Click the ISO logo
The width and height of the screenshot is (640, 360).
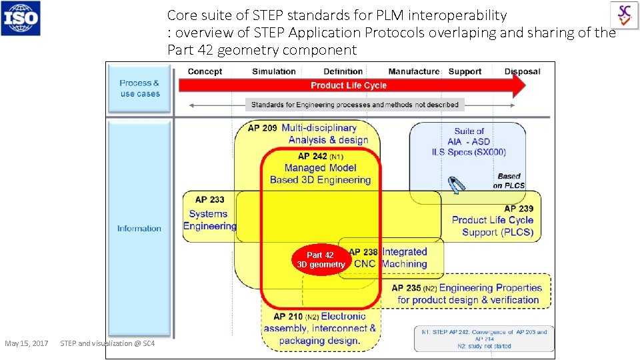coord(21,18)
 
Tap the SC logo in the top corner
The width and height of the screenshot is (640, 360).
coord(624,15)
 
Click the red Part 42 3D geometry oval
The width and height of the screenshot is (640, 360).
coord(321,260)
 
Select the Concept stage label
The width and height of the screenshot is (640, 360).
coord(205,71)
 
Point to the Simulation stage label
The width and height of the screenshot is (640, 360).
coord(273,71)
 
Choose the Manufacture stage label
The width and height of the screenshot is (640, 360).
coord(413,71)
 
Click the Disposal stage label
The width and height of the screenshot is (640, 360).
coord(522,71)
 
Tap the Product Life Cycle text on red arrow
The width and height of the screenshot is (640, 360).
coord(348,85)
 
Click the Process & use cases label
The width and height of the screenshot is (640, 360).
coord(140,88)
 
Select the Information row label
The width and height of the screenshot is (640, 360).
coord(139,228)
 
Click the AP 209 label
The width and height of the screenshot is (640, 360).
coord(262,128)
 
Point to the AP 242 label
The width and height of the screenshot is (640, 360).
coord(313,156)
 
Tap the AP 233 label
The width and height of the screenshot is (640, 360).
coord(209,199)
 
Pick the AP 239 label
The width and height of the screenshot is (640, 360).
coord(518,209)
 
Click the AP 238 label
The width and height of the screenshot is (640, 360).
coord(363,252)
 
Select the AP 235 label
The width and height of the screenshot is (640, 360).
coord(406,288)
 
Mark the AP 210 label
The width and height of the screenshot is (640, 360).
coord(288,317)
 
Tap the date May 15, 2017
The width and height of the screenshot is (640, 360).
coord(26,343)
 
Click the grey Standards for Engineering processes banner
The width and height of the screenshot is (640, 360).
coord(355,105)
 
